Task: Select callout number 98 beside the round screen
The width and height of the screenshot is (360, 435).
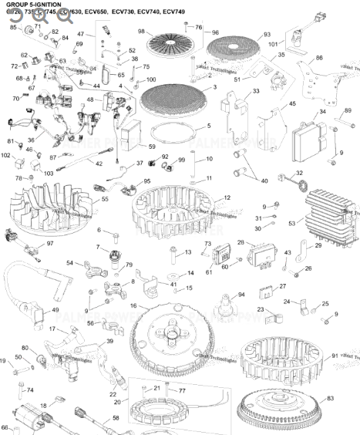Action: pyautogui.click(x=141, y=32)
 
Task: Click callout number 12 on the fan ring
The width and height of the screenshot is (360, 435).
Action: pyautogui.click(x=227, y=198)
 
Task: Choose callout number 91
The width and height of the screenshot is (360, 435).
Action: pyautogui.click(x=334, y=355)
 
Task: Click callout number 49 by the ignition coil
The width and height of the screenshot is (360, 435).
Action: pyautogui.click(x=55, y=311)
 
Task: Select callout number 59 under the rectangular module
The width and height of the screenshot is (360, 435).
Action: pyautogui.click(x=152, y=147)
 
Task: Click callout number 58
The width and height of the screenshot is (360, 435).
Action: pyautogui.click(x=116, y=417)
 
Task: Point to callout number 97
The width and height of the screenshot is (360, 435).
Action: pyautogui.click(x=50, y=222)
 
